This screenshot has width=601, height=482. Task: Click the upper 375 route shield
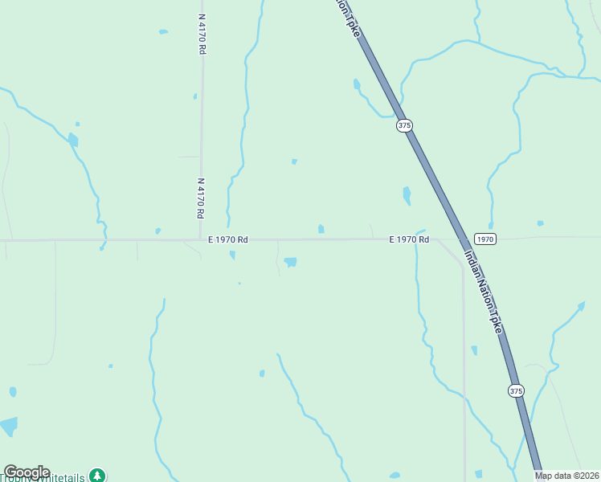(404, 125)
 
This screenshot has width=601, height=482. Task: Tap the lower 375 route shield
(516, 390)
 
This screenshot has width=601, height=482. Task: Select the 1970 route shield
(484, 239)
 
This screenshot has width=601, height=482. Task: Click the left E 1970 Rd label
(228, 239)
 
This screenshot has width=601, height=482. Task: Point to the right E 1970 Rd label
(409, 239)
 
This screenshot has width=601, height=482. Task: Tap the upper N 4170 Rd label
(202, 34)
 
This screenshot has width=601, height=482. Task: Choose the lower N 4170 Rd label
(200, 198)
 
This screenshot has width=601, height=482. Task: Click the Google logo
(27, 472)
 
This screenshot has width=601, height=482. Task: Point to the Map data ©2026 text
(567, 476)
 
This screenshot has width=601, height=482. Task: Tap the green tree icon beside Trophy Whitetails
(97, 476)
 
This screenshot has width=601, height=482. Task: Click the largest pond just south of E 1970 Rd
(290, 262)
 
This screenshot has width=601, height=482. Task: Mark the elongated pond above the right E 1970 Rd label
(407, 195)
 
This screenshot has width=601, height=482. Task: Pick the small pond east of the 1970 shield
(540, 223)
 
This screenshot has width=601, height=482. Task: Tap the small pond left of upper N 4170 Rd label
(164, 32)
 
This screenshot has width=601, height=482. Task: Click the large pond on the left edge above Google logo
(8, 426)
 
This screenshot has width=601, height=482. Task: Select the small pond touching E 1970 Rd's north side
(321, 229)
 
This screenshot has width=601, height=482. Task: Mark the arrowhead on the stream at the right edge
(581, 305)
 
